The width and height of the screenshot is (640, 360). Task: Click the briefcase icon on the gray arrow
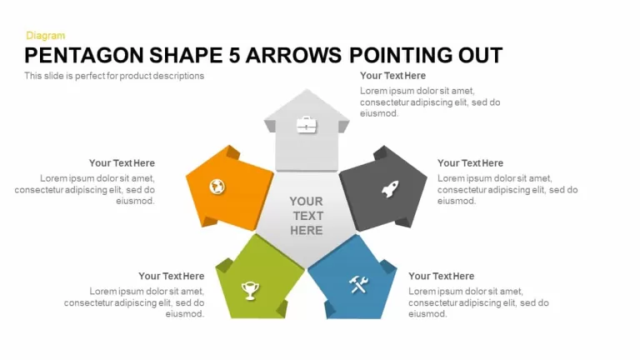tap(307, 124)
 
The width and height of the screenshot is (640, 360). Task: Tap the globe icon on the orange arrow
tap(217, 187)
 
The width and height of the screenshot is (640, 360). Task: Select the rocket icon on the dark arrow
tap(390, 189)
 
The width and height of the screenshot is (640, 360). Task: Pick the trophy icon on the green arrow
tap(250, 291)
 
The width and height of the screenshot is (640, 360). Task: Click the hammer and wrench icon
tap(359, 284)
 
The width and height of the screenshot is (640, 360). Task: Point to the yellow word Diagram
tap(45, 36)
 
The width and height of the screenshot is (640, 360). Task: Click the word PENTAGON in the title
tap(84, 55)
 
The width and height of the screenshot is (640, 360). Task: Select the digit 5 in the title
tap(234, 55)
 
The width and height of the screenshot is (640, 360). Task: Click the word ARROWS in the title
tap(293, 55)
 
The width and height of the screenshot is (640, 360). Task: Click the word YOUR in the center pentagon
tap(306, 201)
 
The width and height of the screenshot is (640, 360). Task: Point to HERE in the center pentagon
tap(307, 231)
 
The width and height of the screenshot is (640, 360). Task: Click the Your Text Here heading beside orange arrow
tap(122, 163)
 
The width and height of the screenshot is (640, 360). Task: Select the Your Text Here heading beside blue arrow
tap(441, 277)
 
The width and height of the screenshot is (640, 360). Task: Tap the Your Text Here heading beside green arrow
tap(172, 277)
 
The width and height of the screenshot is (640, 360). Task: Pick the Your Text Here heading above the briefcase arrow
tap(392, 76)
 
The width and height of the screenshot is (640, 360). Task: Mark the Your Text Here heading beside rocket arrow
tap(470, 163)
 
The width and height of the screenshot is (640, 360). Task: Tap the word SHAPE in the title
tap(186, 55)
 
